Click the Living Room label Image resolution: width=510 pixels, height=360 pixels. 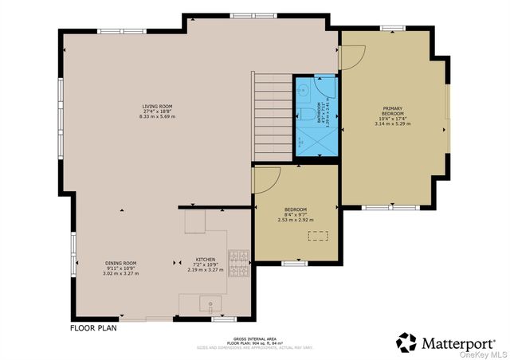[156, 111]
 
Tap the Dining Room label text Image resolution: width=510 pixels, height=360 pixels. [121, 268]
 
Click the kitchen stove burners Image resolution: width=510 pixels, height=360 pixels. [238, 264]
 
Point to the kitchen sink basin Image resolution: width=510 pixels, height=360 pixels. [211, 303]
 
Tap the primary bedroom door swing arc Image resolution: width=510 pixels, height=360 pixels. [352, 56]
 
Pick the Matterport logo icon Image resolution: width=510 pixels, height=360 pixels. [406, 342]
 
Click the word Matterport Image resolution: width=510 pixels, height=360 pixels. [458, 342]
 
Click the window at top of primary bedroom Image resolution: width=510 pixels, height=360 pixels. [392, 28]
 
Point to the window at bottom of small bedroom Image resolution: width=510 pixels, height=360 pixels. [295, 263]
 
